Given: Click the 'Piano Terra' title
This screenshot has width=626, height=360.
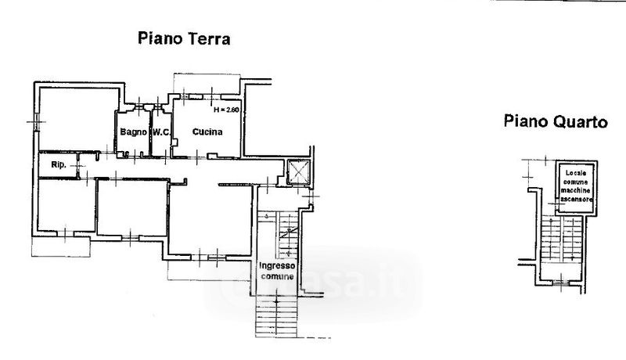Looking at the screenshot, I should coord(184,38).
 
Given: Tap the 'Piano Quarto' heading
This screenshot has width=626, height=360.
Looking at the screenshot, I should coord(556,121).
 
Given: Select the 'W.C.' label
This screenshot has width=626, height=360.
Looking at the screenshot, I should coord(162,131).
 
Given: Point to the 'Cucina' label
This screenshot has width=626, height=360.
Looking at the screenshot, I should coord(208,131).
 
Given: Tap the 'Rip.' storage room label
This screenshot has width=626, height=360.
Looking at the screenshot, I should coord(58,165).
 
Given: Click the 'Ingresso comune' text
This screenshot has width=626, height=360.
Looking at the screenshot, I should coord(277,271).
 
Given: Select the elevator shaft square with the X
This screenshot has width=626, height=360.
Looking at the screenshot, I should coord(298,171).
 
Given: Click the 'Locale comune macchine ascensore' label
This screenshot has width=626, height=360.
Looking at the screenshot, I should coord(575,186).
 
